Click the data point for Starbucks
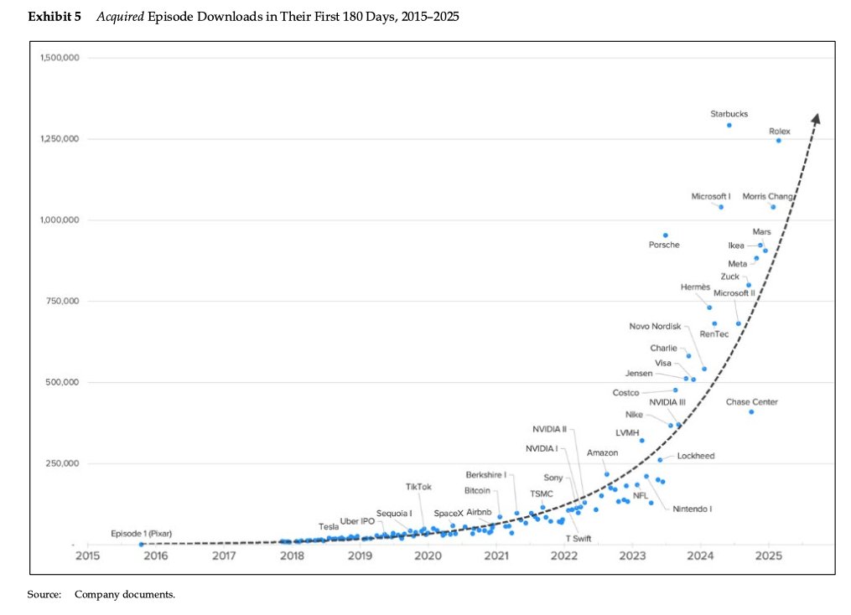coord(729,125)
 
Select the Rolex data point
coord(778,140)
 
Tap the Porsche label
coord(664,245)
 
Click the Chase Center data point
coord(751,411)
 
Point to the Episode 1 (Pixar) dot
coord(141,544)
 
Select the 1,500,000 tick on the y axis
coord(60,58)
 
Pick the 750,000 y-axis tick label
coord(60,301)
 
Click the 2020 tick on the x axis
coord(428,555)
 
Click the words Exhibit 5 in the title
coord(54,17)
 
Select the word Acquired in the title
coord(121,17)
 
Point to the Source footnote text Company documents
coord(124,594)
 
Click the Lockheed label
coord(695,457)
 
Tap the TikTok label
coord(418,487)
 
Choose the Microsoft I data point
coord(720,207)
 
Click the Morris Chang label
coord(768,196)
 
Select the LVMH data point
coord(641,440)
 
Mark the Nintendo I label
coord(692,509)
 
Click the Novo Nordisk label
coord(655,326)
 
